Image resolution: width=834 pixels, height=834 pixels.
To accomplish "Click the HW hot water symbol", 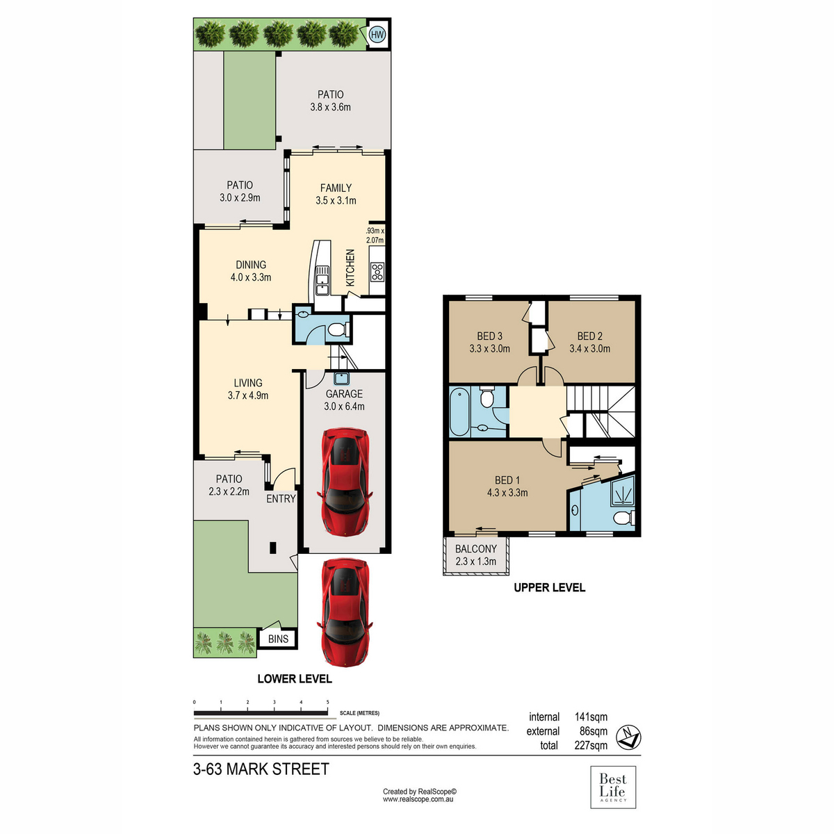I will tap(377, 34).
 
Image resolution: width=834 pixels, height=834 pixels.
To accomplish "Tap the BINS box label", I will tap(278, 639).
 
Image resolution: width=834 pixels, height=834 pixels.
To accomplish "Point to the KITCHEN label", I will tap(350, 268).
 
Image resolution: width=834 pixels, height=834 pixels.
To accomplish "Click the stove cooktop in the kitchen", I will tap(377, 272).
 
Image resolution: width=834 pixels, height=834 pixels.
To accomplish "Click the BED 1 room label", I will tap(507, 486).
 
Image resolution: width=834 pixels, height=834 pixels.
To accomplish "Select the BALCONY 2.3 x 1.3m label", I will tap(476, 555).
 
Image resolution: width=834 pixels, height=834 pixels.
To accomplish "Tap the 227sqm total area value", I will tap(591, 745).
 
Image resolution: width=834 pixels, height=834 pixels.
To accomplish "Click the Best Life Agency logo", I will tap(613, 787).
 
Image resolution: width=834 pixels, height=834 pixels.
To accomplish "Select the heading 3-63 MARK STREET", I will tap(261, 769).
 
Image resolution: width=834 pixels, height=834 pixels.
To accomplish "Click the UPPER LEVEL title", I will tap(549, 587).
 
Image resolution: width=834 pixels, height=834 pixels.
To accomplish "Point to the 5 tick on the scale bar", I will tap(327, 703).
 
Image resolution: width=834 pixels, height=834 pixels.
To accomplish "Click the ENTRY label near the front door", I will tap(281, 498).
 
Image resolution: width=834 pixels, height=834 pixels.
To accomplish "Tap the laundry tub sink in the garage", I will tap(341, 379).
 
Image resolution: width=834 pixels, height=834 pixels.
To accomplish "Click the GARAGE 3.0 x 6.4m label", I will tap(345, 400).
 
